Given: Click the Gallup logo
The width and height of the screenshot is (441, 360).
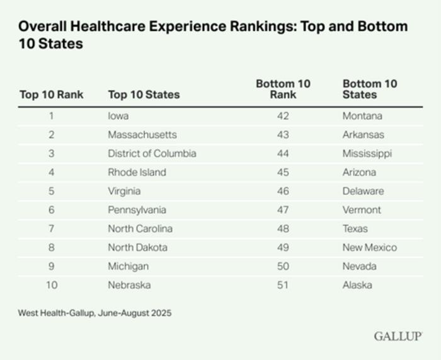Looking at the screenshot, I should tap(398, 336).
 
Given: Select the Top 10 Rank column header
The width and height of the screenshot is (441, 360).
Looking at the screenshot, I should tap(51, 95).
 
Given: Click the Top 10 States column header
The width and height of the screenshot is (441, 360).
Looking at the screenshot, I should tap(144, 95).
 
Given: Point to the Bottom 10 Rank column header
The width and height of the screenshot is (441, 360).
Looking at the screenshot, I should tap(283, 89).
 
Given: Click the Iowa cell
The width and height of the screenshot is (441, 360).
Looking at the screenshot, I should tap(118, 116).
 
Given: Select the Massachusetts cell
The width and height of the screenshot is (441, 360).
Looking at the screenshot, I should tap(142, 135).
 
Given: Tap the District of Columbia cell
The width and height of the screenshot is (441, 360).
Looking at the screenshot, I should tap(152, 153).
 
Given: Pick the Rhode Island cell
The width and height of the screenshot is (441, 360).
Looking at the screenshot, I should tap(137, 172).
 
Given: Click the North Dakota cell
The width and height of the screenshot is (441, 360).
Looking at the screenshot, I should tap(137, 247).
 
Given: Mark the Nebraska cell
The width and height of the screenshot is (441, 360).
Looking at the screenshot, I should tap(129, 285).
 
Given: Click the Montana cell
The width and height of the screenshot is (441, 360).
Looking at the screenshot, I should tap(362, 116).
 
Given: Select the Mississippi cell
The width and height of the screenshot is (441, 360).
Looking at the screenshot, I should tap(367, 153).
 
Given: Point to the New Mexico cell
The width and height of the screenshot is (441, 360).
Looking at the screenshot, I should tap(370, 247).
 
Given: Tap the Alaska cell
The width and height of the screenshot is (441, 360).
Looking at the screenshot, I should tap(357, 285).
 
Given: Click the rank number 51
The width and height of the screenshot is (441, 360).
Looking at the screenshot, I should tap(283, 285).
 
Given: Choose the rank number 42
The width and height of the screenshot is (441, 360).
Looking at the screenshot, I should tap(283, 116).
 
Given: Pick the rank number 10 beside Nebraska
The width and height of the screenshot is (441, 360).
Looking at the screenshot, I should tap(51, 285).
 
